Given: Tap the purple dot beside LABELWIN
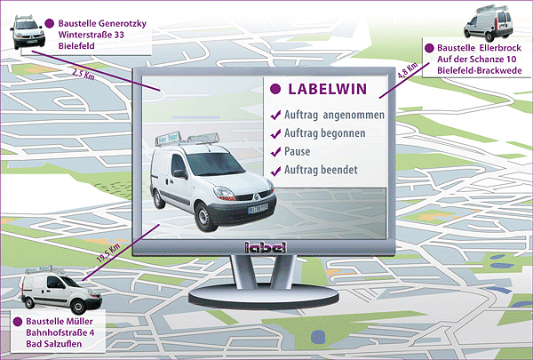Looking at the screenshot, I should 276,90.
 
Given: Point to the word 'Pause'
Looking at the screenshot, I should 298,151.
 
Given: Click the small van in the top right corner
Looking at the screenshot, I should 486,22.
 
